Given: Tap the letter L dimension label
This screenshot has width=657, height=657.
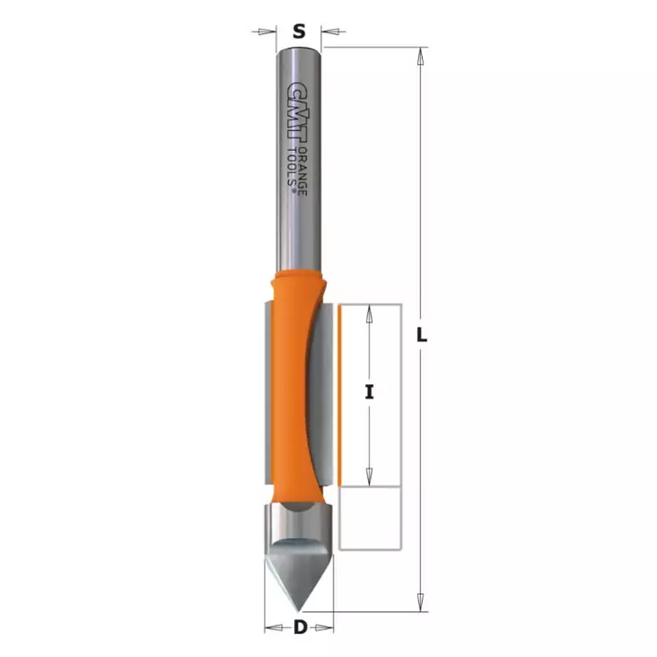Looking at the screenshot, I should point(423,336).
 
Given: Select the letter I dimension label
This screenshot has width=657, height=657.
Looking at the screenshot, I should point(369,391).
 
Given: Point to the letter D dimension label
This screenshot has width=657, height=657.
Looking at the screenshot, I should point(300,627).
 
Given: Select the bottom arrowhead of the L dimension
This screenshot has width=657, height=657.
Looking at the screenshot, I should point(418,604).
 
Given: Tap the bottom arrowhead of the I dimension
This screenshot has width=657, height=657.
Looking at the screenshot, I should point(369,477).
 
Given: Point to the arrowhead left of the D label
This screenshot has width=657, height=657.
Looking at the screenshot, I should point(272,627).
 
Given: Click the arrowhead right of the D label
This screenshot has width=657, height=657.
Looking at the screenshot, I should point(328,627).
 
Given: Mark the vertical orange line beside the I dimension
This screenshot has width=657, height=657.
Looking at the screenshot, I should point(341,395).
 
